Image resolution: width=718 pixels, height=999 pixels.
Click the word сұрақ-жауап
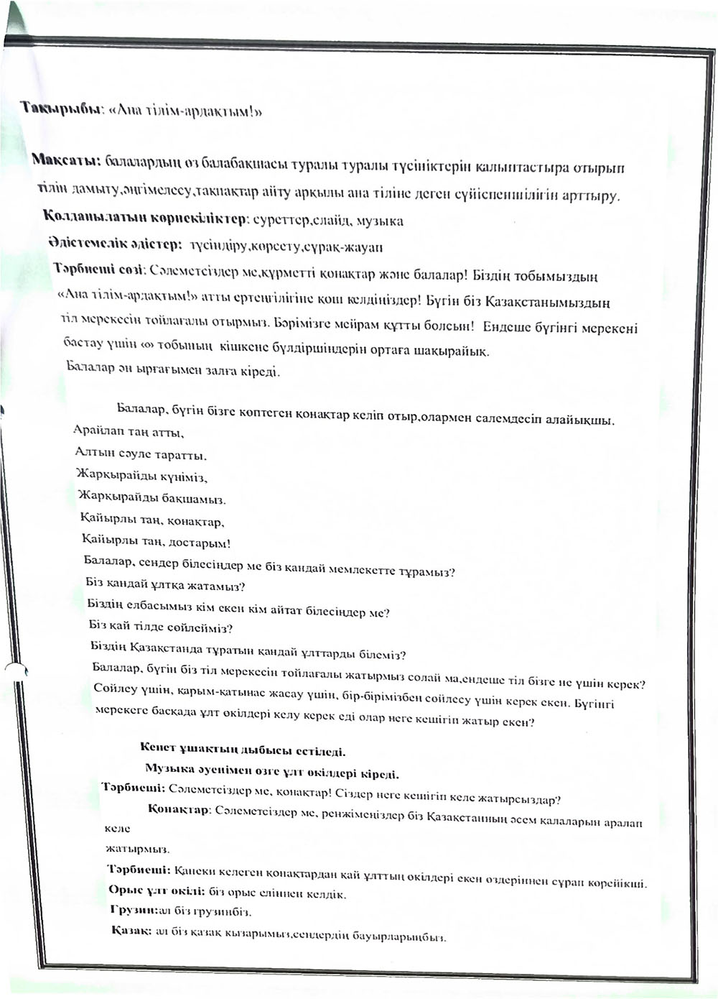[x=350, y=247]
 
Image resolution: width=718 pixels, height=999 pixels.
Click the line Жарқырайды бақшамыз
[x=152, y=499]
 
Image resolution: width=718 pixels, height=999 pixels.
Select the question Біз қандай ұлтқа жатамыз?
[x=165, y=586]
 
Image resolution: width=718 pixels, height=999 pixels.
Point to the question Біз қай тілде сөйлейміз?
[x=161, y=627]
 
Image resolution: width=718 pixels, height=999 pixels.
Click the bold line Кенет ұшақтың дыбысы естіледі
[x=243, y=752]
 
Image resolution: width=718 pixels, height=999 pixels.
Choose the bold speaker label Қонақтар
[x=178, y=810]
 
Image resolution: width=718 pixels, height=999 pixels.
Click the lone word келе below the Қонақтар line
[x=117, y=829]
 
